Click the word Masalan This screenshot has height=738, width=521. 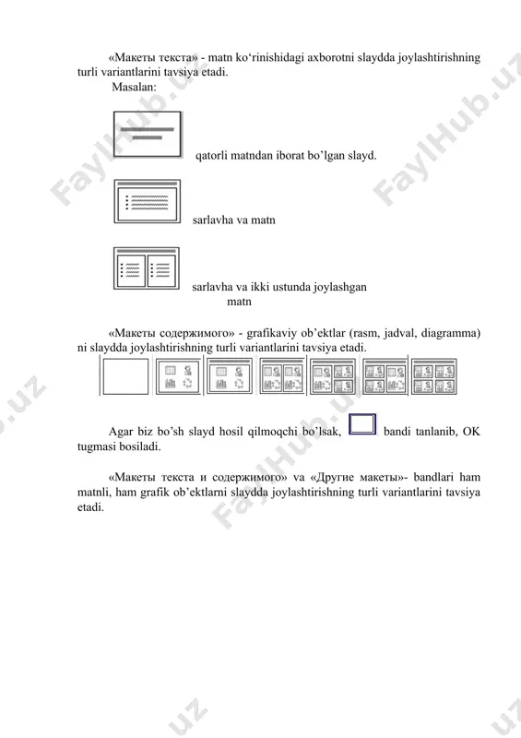click(x=134, y=87)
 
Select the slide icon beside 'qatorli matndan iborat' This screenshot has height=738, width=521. click(x=148, y=134)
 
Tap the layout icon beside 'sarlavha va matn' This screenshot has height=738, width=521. click(x=148, y=201)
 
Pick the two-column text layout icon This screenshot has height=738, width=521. click(x=147, y=268)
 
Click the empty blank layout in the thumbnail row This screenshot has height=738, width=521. click(x=125, y=376)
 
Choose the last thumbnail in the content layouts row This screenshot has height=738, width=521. click(x=434, y=376)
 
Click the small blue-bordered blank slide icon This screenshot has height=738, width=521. click(x=362, y=424)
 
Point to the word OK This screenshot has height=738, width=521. click(x=471, y=431)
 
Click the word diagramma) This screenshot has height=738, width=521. click(x=450, y=333)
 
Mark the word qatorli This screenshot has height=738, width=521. click(x=211, y=156)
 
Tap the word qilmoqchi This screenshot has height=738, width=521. click(x=273, y=432)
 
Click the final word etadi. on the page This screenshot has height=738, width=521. click(x=90, y=507)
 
